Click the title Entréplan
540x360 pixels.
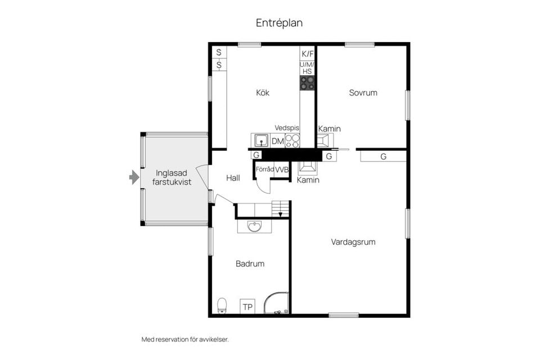pos(279,23)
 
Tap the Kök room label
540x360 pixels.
pos(263,93)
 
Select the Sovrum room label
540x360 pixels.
pos(363,93)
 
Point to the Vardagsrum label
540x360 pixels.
pos(353,242)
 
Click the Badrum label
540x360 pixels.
pos(250,263)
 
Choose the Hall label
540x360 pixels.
pos(233,178)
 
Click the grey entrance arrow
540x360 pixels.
pos(134,178)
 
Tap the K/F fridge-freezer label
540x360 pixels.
pos(307,54)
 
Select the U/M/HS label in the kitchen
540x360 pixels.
pos(307,68)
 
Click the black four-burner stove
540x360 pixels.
pos(307,83)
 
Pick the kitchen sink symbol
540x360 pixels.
pos(260,140)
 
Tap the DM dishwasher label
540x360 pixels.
pos(278,141)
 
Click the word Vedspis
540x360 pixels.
pos(287,128)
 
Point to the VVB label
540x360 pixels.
pos(282,169)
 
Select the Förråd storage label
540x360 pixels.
pos(264,169)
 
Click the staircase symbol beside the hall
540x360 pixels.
pos(280,209)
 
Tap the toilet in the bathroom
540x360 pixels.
pos(222,305)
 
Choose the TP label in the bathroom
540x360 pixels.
pos(247,307)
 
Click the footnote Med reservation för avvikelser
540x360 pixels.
pos(185,340)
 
